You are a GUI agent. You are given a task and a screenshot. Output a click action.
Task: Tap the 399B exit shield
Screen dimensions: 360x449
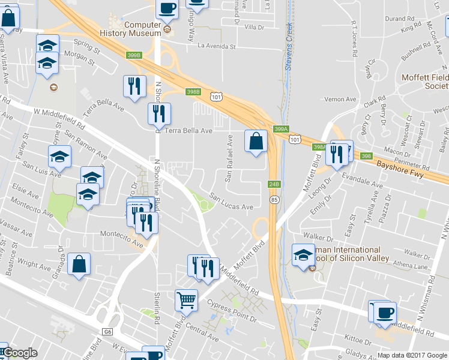(134, 55)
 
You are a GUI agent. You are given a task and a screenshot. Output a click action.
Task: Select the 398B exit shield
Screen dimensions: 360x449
(192, 92)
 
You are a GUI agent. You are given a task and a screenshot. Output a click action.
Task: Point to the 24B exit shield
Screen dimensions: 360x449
(274, 184)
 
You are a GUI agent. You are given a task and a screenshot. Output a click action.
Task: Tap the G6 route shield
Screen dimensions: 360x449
(107, 331)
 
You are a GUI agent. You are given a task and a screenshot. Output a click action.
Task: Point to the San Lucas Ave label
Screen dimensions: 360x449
(231, 202)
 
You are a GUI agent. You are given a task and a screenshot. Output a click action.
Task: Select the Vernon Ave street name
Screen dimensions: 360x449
(340, 99)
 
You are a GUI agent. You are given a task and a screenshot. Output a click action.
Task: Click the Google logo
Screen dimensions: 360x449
(20, 353)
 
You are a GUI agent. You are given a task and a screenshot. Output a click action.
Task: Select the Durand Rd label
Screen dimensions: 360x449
(402, 19)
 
